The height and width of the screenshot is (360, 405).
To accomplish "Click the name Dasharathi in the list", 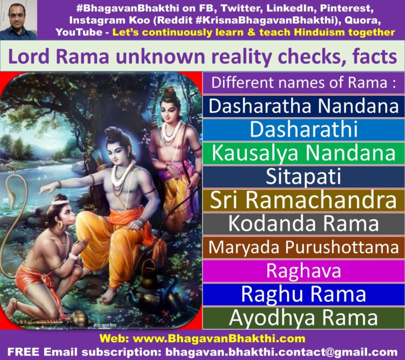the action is point(303,129).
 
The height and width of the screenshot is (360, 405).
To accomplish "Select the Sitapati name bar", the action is point(303,177).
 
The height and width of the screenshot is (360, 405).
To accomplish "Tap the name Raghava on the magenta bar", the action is point(303,271).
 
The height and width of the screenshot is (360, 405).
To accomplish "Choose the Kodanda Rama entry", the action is point(303,223).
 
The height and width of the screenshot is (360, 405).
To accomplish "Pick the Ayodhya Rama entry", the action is point(303,318).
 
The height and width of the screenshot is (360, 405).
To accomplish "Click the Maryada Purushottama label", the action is point(303,247).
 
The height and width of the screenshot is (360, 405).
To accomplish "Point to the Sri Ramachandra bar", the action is point(303,200).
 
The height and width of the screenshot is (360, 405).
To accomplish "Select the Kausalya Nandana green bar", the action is point(303,153).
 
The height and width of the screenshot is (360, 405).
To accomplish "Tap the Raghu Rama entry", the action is point(303,294).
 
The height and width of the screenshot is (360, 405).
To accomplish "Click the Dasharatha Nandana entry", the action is point(303,106).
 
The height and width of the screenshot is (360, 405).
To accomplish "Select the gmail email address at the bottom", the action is point(281,352).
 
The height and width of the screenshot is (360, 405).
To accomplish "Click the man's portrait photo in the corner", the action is point(18,20).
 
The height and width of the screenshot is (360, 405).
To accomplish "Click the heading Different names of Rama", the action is point(303,83).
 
